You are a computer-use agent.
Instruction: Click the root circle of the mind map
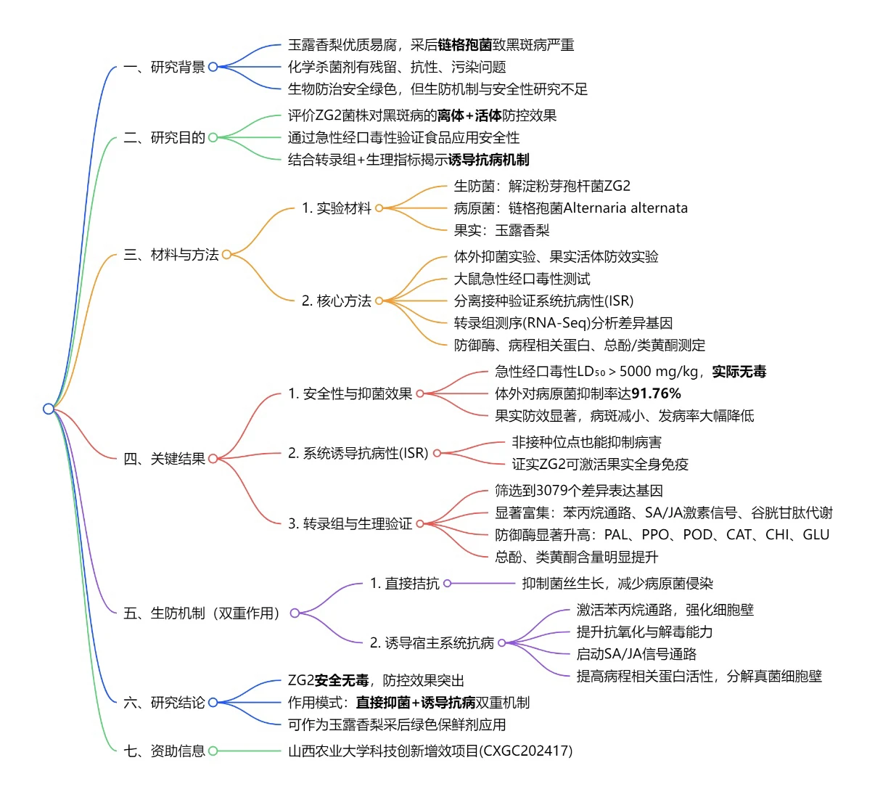(x=49, y=409)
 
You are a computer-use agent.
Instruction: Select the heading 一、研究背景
(x=164, y=67)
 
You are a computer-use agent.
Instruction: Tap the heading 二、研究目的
(x=164, y=137)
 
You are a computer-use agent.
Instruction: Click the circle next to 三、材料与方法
(x=226, y=255)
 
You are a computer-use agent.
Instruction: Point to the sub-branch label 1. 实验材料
(x=337, y=208)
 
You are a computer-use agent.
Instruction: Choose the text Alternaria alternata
(x=625, y=208)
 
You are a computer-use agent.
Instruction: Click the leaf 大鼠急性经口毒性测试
(x=522, y=279)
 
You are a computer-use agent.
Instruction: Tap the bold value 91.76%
(x=656, y=393)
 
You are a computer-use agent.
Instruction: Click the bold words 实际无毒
(x=739, y=372)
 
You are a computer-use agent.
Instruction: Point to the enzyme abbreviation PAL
(x=615, y=535)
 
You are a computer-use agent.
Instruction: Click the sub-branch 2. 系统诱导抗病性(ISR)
(x=358, y=453)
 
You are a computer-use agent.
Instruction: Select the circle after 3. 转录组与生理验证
(x=420, y=523)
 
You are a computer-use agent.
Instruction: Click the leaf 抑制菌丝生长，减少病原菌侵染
(x=617, y=584)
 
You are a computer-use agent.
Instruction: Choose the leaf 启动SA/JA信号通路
(x=636, y=654)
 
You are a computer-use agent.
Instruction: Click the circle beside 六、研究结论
(x=213, y=703)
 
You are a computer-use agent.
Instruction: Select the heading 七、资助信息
(x=164, y=751)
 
